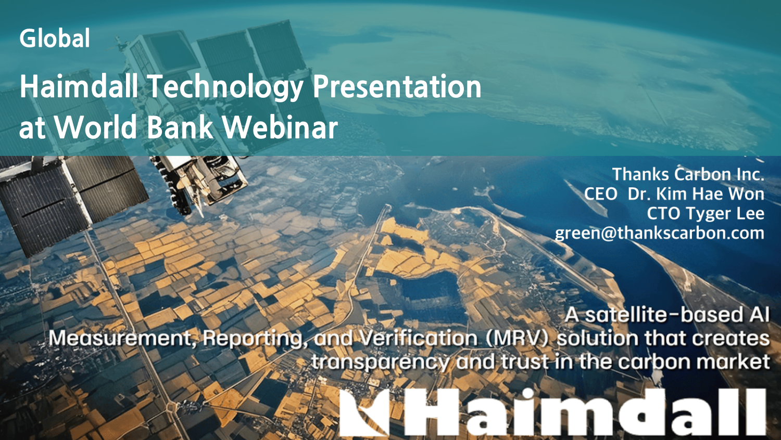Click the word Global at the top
coord(55,38)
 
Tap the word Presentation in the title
coord(397,86)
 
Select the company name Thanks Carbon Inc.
coord(688,174)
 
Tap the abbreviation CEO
coord(601,193)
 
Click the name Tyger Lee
coord(725,214)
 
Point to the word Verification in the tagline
coord(418,338)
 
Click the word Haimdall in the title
coord(79,86)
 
